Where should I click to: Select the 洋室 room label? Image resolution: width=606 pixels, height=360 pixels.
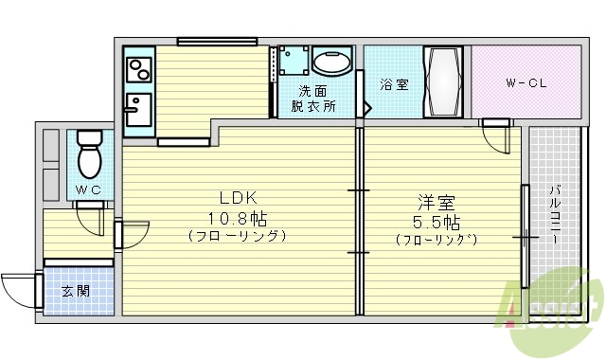[x=437, y=204]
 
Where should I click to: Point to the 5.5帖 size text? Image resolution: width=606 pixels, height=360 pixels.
[x=437, y=224]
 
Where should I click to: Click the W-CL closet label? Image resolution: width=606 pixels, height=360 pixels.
[x=526, y=83]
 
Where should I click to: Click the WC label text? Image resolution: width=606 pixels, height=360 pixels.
[x=89, y=190]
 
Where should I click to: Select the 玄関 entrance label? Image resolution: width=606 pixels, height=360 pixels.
[x=76, y=291]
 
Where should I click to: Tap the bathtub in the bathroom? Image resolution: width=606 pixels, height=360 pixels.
[x=444, y=82]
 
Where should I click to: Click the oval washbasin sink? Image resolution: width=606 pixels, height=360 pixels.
[x=332, y=64]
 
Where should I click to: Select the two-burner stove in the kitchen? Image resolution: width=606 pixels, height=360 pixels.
[x=139, y=69]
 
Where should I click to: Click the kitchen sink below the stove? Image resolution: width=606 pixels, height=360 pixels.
[x=138, y=108]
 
